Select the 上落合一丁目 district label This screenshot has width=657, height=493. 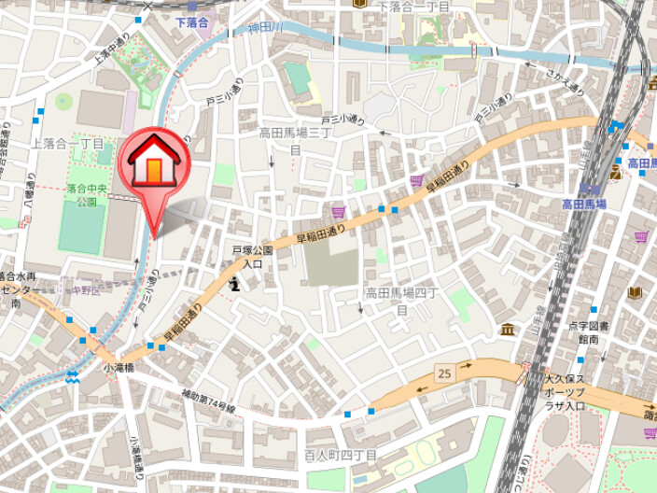click(x=67, y=143)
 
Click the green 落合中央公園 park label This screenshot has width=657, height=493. click(x=87, y=195)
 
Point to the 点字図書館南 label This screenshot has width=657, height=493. click(x=587, y=333)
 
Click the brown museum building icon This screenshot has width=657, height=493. click(x=507, y=330)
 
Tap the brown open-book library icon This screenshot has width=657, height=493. click(x=636, y=292)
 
